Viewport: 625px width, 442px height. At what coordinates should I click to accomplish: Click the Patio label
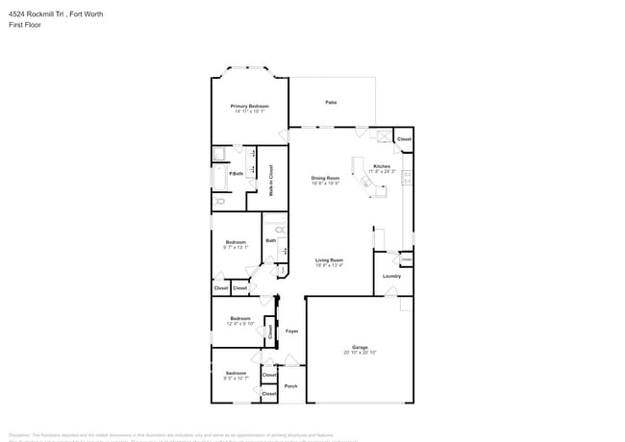pyautogui.click(x=330, y=102)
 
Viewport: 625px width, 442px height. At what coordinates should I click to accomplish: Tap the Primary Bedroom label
pyautogui.click(x=249, y=106)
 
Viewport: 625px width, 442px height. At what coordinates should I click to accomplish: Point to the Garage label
pyautogui.click(x=360, y=347)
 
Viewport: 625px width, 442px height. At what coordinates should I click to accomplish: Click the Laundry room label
pyautogui.click(x=391, y=276)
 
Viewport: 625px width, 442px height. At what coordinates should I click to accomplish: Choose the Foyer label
pyautogui.click(x=291, y=331)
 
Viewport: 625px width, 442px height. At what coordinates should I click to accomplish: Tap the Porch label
pyautogui.click(x=290, y=385)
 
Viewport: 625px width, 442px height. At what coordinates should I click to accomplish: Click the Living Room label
pyautogui.click(x=330, y=259)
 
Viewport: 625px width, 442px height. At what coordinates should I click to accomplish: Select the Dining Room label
pyautogui.click(x=325, y=178)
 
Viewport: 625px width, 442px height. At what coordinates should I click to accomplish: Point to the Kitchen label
pyautogui.click(x=382, y=166)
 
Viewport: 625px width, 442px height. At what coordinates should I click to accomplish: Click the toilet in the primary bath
pyautogui.click(x=220, y=201)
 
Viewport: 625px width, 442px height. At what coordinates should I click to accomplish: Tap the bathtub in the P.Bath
pyautogui.click(x=218, y=178)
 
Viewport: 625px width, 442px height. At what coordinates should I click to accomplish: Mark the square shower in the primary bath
pyautogui.click(x=218, y=153)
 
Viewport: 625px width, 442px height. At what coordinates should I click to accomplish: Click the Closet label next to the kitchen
pyautogui.click(x=404, y=139)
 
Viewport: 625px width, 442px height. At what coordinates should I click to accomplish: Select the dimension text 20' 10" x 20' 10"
pyautogui.click(x=360, y=353)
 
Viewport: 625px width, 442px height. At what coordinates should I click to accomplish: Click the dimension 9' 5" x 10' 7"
pyautogui.click(x=237, y=379)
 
